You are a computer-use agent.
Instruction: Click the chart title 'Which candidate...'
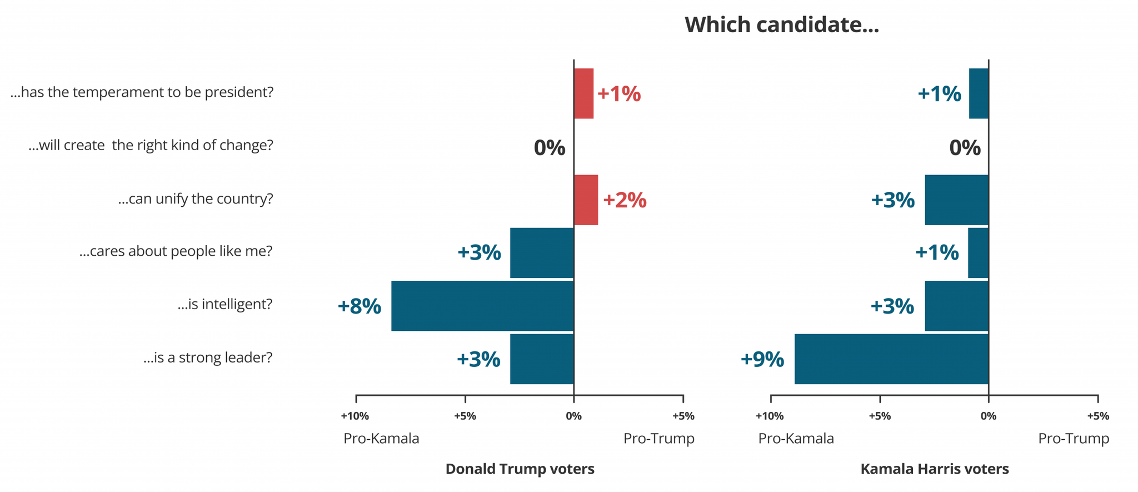tap(781, 25)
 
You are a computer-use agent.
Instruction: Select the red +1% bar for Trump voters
tap(583, 93)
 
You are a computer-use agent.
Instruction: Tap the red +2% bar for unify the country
tap(586, 200)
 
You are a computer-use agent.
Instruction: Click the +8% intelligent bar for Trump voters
tap(482, 306)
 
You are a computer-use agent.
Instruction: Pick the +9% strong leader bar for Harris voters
tap(891, 359)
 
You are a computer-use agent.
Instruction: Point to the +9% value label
tap(762, 359)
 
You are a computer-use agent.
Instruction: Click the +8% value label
tap(359, 306)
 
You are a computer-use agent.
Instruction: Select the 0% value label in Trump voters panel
tap(549, 148)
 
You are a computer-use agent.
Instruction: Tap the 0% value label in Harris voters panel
tap(965, 148)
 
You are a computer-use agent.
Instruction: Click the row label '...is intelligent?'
tap(225, 304)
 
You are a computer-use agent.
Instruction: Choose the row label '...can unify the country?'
tap(196, 198)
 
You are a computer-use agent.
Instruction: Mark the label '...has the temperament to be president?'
tap(142, 92)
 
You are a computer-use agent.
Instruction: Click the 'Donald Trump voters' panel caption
tap(520, 469)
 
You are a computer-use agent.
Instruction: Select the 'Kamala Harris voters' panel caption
tap(934, 469)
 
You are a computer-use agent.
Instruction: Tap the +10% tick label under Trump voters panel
tap(355, 416)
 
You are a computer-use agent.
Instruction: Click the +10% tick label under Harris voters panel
tap(769, 416)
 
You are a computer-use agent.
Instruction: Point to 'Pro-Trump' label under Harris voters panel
tap(1073, 439)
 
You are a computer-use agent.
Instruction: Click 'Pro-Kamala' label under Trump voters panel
tap(381, 439)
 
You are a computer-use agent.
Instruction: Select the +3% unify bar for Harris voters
tap(956, 200)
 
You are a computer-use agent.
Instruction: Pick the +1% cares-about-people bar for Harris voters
tap(977, 252)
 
